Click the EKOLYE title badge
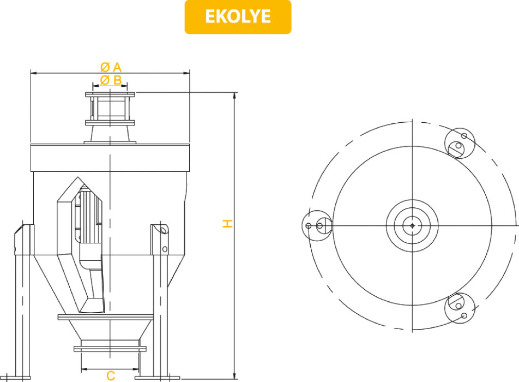[238, 17]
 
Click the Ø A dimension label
[111, 67]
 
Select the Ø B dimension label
[111, 80]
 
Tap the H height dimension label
[227, 223]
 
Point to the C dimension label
[111, 375]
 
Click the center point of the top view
[412, 225]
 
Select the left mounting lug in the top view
[317, 225]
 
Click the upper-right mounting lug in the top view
[460, 143]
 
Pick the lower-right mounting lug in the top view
[460, 308]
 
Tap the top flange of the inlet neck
[110, 94]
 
